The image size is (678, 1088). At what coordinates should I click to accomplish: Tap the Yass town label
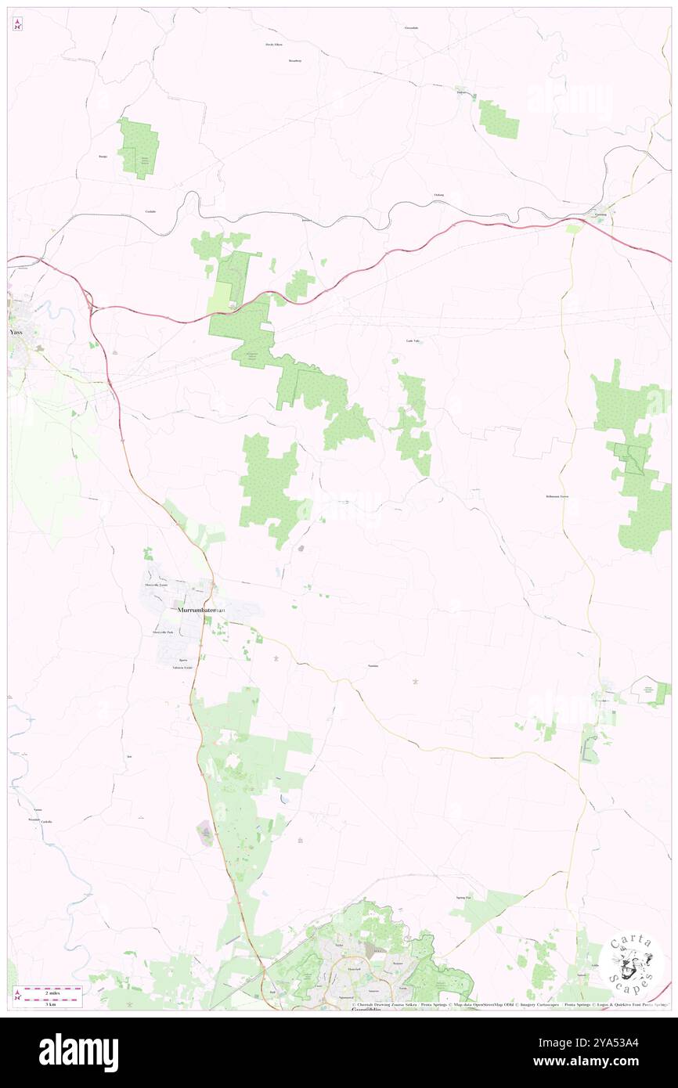click(16, 332)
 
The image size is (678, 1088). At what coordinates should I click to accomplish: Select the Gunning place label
click(600, 214)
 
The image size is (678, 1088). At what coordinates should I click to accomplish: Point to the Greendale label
click(411, 27)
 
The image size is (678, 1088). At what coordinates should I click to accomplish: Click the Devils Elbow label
click(273, 45)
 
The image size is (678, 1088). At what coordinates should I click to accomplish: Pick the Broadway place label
click(294, 60)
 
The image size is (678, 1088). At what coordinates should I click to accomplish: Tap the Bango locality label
click(103, 157)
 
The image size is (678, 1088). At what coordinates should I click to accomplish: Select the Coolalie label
click(150, 212)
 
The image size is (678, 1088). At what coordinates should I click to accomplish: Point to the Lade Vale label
click(413, 340)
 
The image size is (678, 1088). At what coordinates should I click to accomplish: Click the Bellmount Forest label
click(557, 497)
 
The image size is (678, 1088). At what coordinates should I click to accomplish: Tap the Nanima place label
click(373, 665)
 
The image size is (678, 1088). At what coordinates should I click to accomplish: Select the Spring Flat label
click(463, 898)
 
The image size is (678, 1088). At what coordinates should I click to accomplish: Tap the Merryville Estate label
click(155, 585)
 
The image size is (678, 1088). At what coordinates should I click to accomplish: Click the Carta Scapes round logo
click(632, 965)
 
